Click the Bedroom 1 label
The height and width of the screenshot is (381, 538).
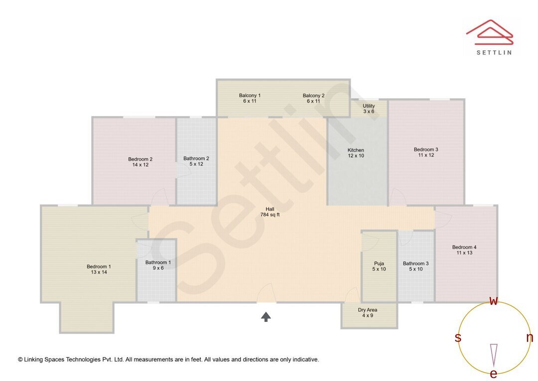99,266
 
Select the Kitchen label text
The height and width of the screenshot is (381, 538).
356,150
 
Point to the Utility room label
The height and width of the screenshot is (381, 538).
369,106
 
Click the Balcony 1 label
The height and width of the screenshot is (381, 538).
250,95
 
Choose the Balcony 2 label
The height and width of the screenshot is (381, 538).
313,95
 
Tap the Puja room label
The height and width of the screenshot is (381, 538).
379,263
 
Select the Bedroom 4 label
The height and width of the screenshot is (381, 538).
464,247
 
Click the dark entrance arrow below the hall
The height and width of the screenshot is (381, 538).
266,316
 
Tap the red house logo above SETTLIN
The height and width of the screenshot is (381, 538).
489,31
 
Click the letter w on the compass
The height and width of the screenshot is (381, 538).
494,301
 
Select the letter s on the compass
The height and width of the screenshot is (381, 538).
458,338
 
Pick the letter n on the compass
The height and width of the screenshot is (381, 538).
530,338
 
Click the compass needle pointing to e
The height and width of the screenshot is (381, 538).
494,354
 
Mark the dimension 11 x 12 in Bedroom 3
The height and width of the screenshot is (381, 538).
426,155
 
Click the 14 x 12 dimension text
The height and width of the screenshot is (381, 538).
140,165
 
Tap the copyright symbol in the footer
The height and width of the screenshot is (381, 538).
20,359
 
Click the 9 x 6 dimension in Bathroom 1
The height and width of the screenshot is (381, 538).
158,268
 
